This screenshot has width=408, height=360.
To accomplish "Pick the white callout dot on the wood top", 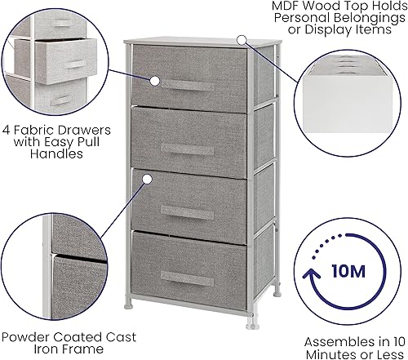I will [x=242, y=39].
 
